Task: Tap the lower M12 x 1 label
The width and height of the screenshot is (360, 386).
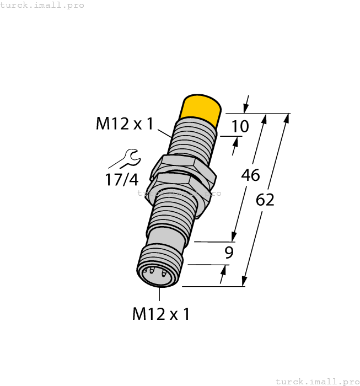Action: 161,314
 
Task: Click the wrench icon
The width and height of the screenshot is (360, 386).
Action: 127,158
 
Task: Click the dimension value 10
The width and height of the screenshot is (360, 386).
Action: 239,127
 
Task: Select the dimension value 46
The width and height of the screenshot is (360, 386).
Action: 250,175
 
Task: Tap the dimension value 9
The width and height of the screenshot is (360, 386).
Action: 229,253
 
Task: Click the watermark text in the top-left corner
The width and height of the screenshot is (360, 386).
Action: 42,5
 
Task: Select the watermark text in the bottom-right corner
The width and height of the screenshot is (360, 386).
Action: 316,381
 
